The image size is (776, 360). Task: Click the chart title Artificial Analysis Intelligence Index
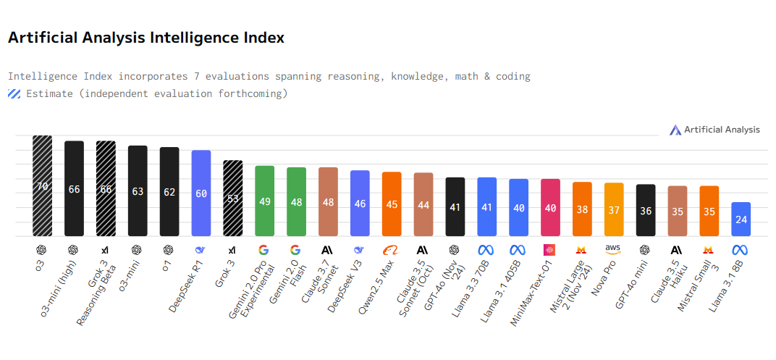pyautogui.click(x=145, y=38)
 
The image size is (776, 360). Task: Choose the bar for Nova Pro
pyautogui.click(x=614, y=209)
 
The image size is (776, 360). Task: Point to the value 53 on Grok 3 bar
pyautogui.click(x=233, y=198)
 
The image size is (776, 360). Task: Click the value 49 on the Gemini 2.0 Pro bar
pyautogui.click(x=265, y=201)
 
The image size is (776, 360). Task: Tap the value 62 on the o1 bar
pyautogui.click(x=169, y=193)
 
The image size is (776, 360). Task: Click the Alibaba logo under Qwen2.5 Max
pyautogui.click(x=392, y=250)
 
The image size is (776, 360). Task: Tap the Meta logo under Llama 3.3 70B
pyautogui.click(x=486, y=250)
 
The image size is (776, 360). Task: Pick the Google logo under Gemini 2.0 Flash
pyautogui.click(x=296, y=250)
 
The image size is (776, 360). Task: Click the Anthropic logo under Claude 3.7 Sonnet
pyautogui.click(x=328, y=250)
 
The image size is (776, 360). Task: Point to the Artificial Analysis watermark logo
pyautogui.click(x=675, y=130)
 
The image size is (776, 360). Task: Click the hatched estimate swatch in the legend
pyautogui.click(x=14, y=93)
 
